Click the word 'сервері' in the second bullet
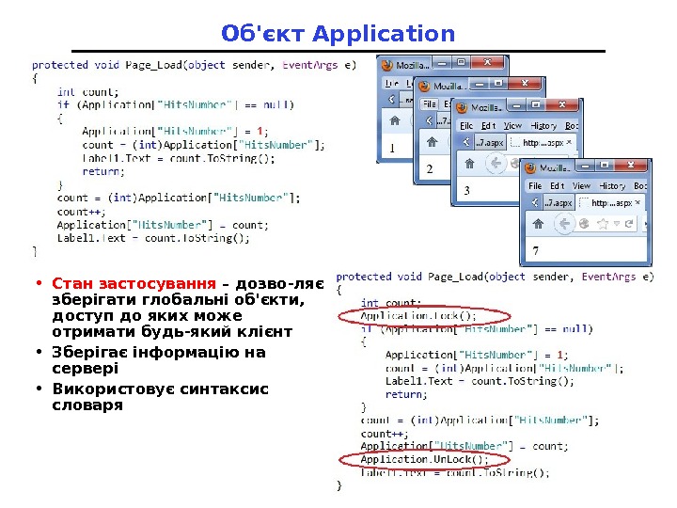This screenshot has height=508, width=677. coord(86,369)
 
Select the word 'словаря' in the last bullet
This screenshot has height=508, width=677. coord(87,405)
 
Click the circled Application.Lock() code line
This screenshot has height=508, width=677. coord(419,316)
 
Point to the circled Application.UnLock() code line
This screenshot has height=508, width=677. coord(425,459)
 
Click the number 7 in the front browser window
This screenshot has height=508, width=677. coord(536,252)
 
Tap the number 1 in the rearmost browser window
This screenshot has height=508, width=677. coord(392,149)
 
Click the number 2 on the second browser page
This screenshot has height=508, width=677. coord(430,169)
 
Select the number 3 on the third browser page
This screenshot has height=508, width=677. coord(466,190)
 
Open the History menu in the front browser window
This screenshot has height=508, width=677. coord(612,185)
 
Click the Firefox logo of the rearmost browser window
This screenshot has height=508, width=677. coord(386,64)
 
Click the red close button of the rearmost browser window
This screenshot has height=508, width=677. coord(487,62)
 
